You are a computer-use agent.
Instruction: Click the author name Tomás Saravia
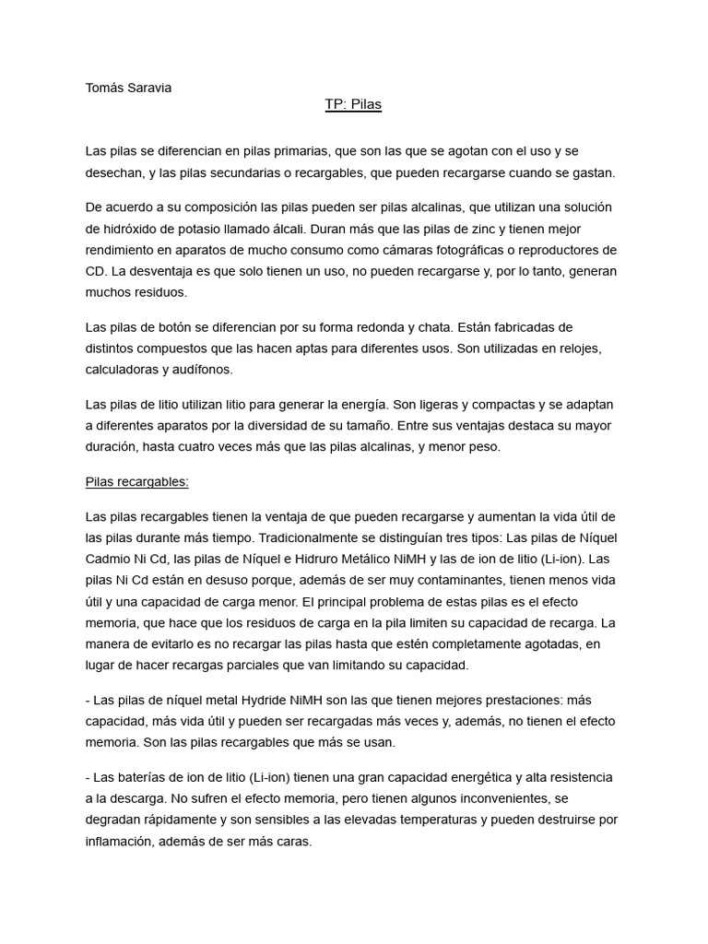(128, 88)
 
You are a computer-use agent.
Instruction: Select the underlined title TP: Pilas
(353, 105)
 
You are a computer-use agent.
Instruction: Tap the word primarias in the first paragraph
(301, 151)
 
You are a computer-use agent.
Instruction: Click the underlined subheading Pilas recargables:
(136, 481)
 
